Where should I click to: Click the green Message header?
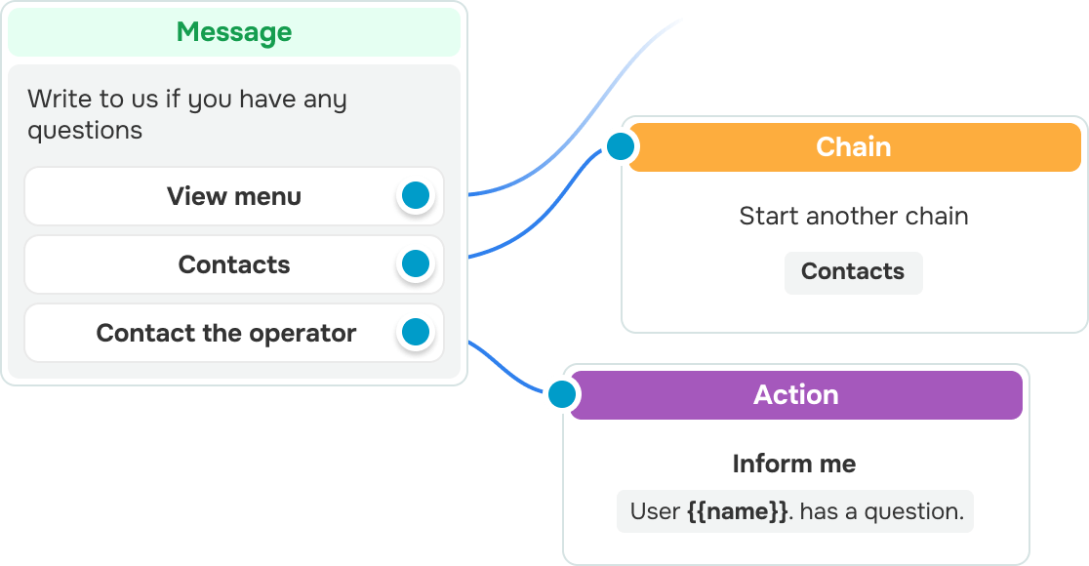pyautogui.click(x=234, y=32)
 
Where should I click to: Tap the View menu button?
pyautogui.click(x=234, y=196)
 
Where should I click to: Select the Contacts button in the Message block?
pyautogui.click(x=234, y=263)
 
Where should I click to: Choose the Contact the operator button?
pyautogui.click(x=234, y=333)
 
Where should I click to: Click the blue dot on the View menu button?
pyautogui.click(x=416, y=196)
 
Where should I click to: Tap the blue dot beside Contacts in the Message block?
pyautogui.click(x=416, y=263)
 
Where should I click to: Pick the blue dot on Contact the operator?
pyautogui.click(x=416, y=332)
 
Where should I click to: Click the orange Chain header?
pyautogui.click(x=854, y=147)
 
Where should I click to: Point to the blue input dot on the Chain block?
pyautogui.click(x=621, y=146)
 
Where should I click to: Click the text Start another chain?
pyautogui.click(x=854, y=216)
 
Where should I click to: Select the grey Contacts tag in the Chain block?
pyautogui.click(x=853, y=272)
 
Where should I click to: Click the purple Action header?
pyautogui.click(x=796, y=395)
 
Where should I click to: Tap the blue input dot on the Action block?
pyautogui.click(x=562, y=394)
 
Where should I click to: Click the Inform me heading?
pyautogui.click(x=794, y=464)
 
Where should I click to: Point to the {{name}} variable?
pyautogui.click(x=738, y=511)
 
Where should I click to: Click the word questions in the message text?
pyautogui.click(x=86, y=132)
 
